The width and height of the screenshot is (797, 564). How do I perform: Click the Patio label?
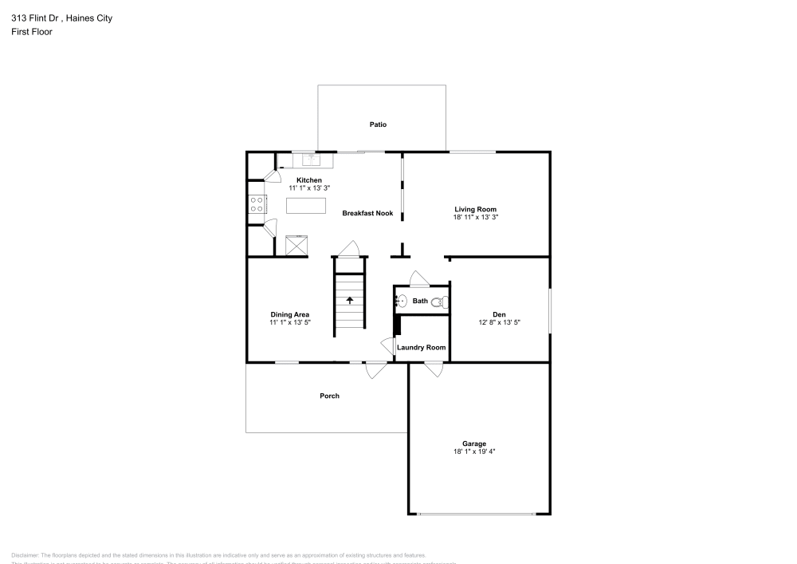pyautogui.click(x=378, y=124)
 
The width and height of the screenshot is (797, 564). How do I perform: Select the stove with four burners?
pyautogui.click(x=257, y=204)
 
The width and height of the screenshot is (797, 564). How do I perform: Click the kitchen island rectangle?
pyautogui.click(x=307, y=206)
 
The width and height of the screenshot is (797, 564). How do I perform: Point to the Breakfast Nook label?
pyautogui.click(x=367, y=213)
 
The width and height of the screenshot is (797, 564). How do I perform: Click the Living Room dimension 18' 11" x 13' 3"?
pyautogui.click(x=476, y=217)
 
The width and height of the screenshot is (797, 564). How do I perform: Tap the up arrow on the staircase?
pyautogui.click(x=349, y=300)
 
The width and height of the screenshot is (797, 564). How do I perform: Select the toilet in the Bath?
pyautogui.click(x=444, y=302)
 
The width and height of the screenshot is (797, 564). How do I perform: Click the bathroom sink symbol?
pyautogui.click(x=402, y=301)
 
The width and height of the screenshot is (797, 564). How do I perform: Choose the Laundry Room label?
pyautogui.click(x=421, y=347)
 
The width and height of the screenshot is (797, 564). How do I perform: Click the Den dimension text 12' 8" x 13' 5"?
pyautogui.click(x=499, y=323)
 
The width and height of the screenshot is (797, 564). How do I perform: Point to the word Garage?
pyautogui.click(x=474, y=444)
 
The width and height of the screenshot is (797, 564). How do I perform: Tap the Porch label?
pyautogui.click(x=329, y=396)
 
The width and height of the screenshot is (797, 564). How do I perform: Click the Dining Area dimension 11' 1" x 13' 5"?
pyautogui.click(x=290, y=323)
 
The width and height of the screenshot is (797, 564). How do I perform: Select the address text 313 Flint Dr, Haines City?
pyautogui.click(x=61, y=18)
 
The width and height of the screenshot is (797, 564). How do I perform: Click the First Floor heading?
pyautogui.click(x=32, y=32)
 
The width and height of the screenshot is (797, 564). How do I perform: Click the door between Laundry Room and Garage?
pyautogui.click(x=434, y=369)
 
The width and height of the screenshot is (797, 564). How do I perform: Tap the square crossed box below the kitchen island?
pyautogui.click(x=297, y=244)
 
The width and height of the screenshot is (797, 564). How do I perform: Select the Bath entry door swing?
pyautogui.click(x=419, y=278)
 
